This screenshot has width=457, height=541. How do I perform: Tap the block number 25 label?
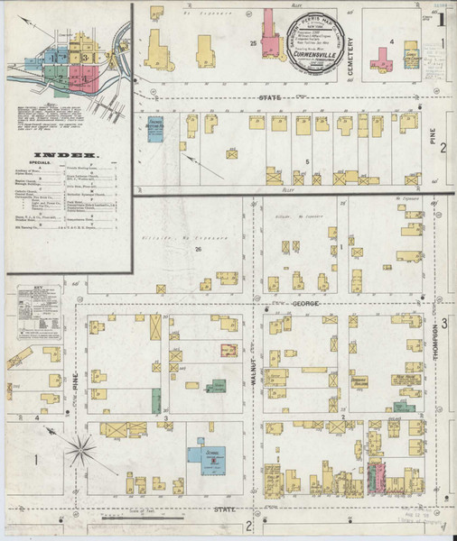[254, 42]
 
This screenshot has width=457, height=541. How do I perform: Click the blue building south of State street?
[154, 130]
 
